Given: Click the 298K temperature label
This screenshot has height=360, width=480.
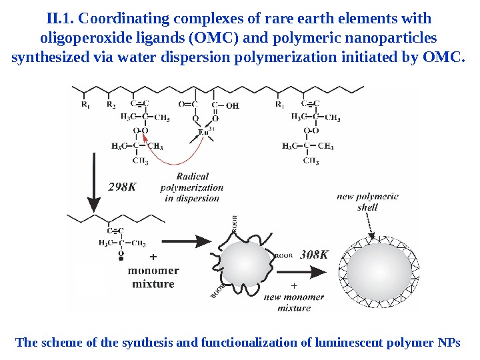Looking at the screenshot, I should pos(123,187).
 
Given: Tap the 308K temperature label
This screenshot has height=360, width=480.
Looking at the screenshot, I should pos(315,254).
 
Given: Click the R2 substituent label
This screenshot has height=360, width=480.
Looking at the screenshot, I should pos(111,105).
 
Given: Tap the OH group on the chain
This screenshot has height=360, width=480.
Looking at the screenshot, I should pos(231,105).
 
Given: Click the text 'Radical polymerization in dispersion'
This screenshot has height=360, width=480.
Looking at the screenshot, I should pos(192,187).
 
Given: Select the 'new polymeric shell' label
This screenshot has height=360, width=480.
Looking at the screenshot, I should pos(367,201).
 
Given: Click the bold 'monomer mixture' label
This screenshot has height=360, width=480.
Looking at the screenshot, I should pos(153,277).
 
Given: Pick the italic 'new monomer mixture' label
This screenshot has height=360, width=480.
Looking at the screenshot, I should pos(294,302).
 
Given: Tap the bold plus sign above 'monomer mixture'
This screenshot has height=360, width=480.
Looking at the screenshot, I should pos(153,256).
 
